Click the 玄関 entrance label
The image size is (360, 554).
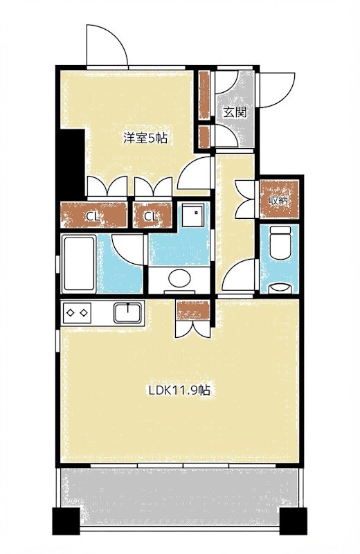point(235,112)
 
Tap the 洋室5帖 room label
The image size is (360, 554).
point(145,138)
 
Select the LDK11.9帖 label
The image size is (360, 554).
point(180,390)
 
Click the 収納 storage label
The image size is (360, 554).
point(279,201)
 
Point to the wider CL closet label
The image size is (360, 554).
point(93,216)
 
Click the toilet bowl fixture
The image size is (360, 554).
point(280,244)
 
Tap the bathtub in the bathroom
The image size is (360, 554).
point(79,264)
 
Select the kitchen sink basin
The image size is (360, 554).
point(128,313)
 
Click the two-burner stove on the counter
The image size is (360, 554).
point(76,313)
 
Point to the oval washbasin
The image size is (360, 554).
point(179,278)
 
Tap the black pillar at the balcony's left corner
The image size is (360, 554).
point(66,521)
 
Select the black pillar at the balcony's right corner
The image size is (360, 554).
point(293,521)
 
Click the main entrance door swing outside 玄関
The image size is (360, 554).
point(277,90)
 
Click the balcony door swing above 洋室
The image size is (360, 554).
point(107,45)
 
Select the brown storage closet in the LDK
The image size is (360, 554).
point(193,310)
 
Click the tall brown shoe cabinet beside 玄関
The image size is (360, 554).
point(204,94)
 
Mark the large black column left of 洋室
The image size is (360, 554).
point(73,163)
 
